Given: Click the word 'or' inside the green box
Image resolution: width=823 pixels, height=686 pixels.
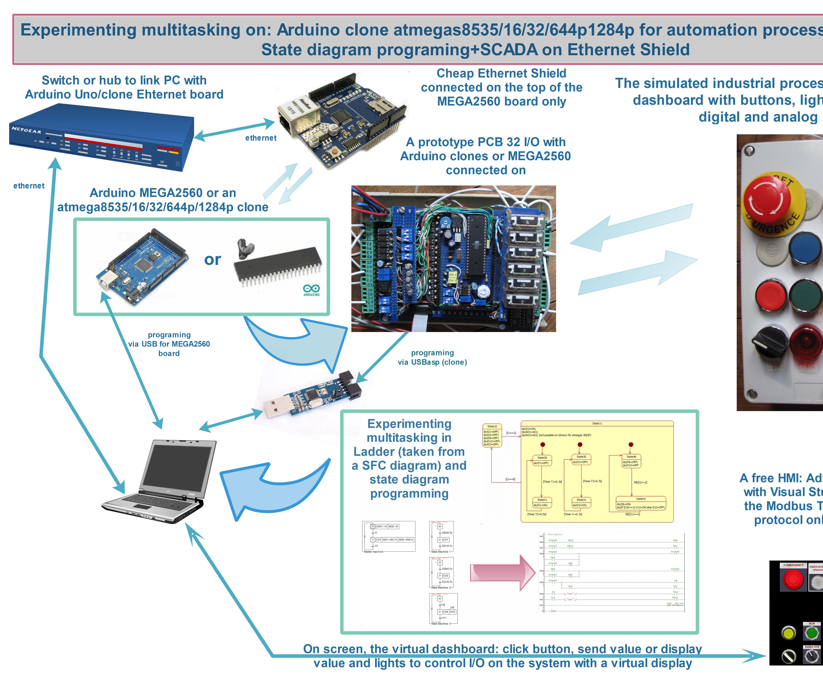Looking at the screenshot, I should pos(212,260).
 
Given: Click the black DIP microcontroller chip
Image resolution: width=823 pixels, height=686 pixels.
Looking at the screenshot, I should pos(277,265).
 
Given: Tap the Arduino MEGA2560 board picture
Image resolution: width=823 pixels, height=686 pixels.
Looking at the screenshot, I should pos(142,267).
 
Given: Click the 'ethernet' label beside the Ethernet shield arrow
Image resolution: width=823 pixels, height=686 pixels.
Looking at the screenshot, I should pos(261,138).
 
